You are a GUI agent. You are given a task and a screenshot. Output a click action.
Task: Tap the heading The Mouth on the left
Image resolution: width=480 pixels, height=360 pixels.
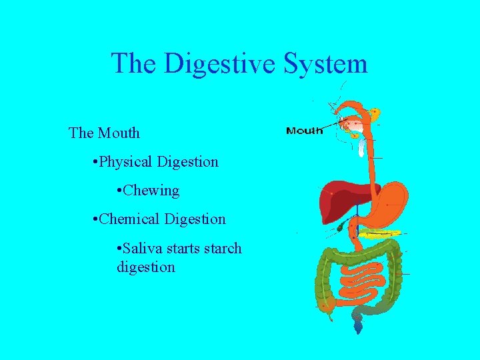(104, 133)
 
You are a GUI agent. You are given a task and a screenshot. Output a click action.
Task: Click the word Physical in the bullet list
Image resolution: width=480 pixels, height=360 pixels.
(126, 162)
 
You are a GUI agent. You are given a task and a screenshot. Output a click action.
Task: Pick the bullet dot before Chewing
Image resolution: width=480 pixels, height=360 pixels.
(118, 191)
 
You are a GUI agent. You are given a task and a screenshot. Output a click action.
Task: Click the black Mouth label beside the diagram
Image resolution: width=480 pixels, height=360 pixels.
(304, 131)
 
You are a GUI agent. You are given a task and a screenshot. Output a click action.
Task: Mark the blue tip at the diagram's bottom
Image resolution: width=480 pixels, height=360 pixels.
(359, 327)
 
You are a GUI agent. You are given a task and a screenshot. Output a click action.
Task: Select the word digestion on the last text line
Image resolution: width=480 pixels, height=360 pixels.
(145, 267)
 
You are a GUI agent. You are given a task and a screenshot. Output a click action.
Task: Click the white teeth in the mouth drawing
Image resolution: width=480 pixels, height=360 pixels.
(361, 144)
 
